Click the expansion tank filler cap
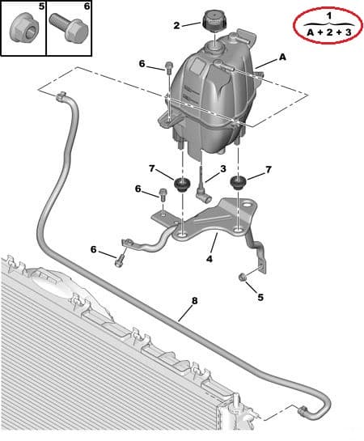click(214, 19)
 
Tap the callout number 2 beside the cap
click(176, 26)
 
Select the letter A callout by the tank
click(282, 57)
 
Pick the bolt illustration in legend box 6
click(69, 28)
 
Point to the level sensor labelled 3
click(203, 186)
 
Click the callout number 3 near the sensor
click(223, 169)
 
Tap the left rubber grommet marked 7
click(182, 184)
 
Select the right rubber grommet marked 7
click(239, 182)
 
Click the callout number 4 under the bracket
click(210, 258)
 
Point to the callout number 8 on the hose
click(194, 301)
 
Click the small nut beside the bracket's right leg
click(242, 277)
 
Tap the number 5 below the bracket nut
click(260, 297)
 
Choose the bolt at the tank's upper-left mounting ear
click(168, 67)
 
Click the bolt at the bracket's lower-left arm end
click(119, 261)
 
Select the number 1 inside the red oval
click(329, 16)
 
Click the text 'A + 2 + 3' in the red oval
click(329, 32)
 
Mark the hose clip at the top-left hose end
click(61, 96)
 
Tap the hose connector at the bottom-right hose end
click(303, 410)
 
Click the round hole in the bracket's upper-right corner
click(248, 205)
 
